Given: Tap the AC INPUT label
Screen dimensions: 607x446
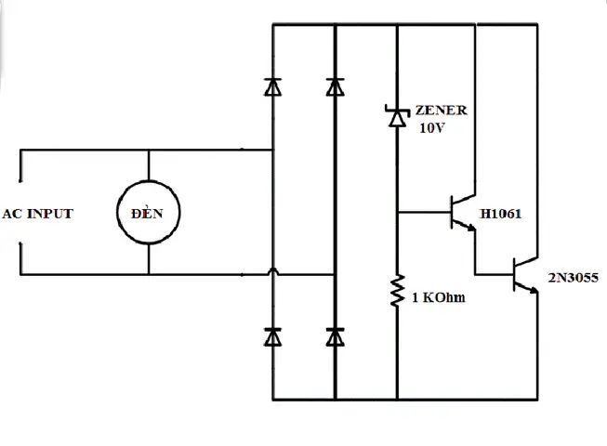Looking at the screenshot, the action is tap(37, 214).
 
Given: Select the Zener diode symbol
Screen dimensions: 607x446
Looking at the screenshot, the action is tap(397, 115).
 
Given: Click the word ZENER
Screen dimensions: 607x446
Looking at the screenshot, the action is tap(442, 111).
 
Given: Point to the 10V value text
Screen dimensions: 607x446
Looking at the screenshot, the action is tap(432, 127).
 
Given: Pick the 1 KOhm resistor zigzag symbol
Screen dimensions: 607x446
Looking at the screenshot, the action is tap(397, 291).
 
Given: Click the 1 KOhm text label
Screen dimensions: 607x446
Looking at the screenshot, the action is tap(438, 297).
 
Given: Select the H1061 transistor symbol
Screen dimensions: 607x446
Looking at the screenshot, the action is tap(463, 213).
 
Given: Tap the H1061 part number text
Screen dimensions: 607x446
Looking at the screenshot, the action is tap(500, 214).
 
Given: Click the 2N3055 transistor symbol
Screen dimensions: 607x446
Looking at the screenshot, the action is tap(525, 275).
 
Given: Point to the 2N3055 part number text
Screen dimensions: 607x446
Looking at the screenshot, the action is tap(574, 277).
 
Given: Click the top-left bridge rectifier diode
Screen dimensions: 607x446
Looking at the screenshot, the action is tap(273, 86).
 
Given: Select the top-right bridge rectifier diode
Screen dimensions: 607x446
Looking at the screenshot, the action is tap(336, 86).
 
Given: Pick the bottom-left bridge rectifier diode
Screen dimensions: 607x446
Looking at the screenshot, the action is tap(273, 336).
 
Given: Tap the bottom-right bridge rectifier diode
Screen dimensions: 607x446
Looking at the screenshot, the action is tap(336, 336).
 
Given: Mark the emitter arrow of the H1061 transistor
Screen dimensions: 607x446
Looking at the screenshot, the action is tap(470, 228).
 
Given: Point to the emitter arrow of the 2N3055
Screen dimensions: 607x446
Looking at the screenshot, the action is tap(533, 289).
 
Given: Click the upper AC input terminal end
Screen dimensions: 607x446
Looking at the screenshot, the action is tap(20, 180).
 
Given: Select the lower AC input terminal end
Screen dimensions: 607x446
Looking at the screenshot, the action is tap(20, 243).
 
